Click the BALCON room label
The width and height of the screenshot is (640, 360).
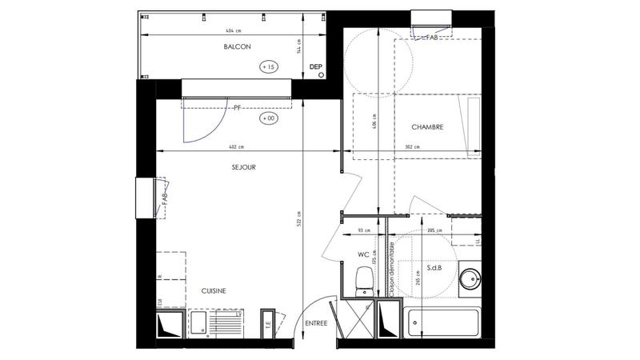click(237, 47)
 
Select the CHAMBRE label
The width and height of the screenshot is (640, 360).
click(427, 127)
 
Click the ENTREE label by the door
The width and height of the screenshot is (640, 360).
click(317, 323)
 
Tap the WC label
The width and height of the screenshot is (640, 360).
click(362, 255)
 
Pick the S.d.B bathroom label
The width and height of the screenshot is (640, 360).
click(435, 267)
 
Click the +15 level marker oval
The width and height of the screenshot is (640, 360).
click(268, 68)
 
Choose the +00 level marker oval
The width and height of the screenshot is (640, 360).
click(268, 118)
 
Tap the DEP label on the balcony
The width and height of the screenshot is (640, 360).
click(316, 67)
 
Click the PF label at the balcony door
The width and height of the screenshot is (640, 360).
click(238, 106)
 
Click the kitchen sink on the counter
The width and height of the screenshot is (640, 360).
click(200, 324)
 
